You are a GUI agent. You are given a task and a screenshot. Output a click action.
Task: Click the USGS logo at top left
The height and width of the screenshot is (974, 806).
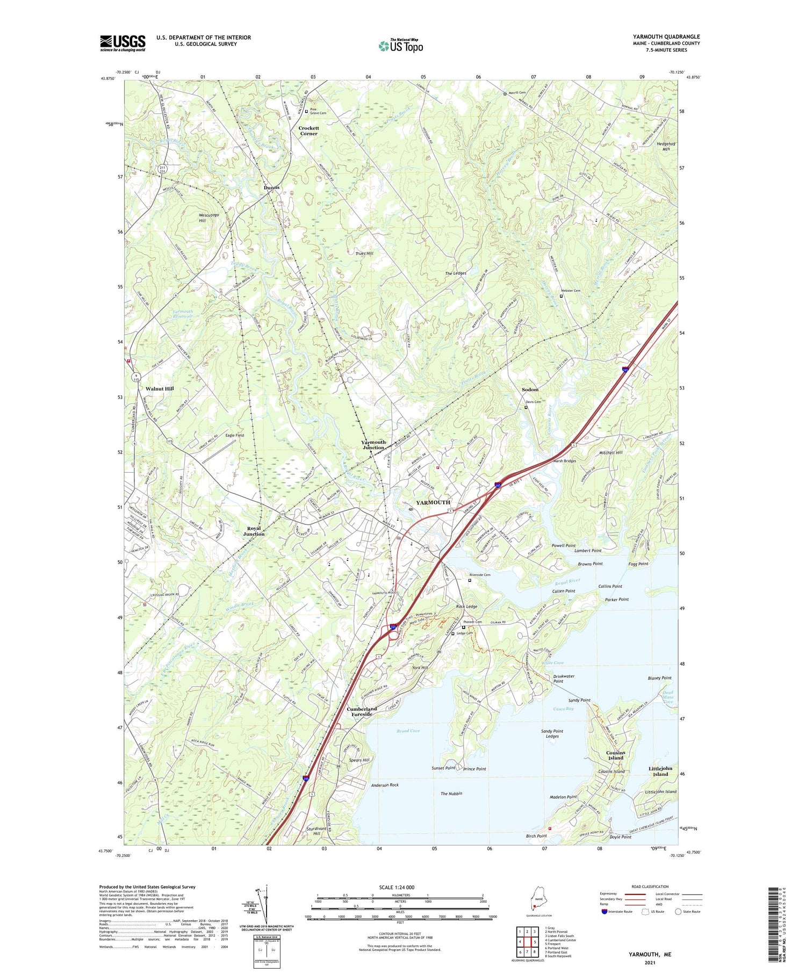pos(123,43)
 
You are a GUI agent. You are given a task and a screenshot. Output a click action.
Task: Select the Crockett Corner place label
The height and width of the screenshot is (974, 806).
pos(308,131)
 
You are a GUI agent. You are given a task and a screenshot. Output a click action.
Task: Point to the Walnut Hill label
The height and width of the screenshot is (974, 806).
pos(160,388)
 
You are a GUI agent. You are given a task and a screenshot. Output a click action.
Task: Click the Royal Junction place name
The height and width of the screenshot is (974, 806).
pos(254,531)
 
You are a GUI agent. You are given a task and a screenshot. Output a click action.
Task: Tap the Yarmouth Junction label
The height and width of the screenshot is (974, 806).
pos(373,445)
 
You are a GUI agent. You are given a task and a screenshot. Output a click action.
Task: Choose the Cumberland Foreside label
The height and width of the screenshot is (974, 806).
pos(362,711)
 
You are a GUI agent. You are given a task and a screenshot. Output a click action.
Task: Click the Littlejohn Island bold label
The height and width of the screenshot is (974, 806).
pos(660,771)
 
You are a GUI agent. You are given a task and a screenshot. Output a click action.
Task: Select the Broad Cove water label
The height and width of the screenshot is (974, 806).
pos(408,731)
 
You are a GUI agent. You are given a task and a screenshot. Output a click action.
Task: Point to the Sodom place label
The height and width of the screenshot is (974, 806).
pos(530,389)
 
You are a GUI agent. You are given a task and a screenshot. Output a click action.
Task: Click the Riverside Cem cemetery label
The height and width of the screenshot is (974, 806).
pos(480,575)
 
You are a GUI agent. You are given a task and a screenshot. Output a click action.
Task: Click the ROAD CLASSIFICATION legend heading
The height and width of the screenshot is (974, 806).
pos(650,886)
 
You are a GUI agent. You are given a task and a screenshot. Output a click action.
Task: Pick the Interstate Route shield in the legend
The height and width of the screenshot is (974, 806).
pos(604,912)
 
